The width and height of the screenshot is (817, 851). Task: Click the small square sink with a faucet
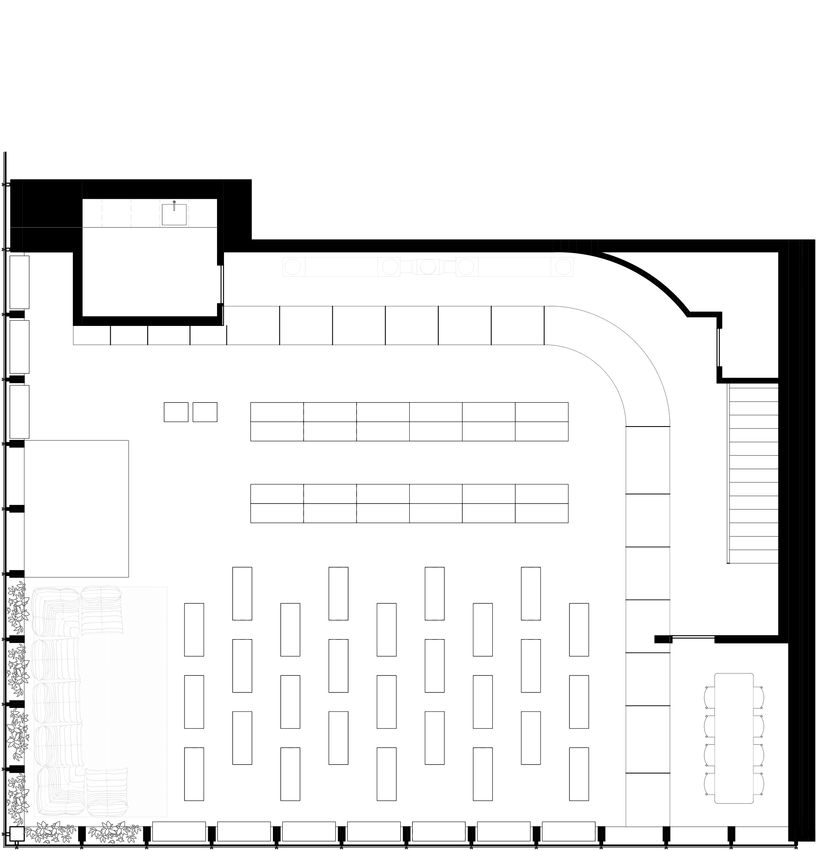pyautogui.click(x=174, y=215)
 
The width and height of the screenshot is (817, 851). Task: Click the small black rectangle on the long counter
pyautogui.click(x=661, y=639)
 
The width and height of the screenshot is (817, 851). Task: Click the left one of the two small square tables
pyautogui.click(x=176, y=412)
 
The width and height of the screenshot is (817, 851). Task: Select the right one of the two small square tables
pyautogui.click(x=205, y=412)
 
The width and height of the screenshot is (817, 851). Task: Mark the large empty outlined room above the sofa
pyautogui.click(x=77, y=509)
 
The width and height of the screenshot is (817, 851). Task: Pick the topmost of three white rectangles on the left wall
pyautogui.click(x=20, y=282)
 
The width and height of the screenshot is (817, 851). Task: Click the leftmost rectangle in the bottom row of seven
pyautogui.click(x=179, y=831)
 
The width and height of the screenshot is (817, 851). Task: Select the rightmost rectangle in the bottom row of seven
pyautogui.click(x=569, y=831)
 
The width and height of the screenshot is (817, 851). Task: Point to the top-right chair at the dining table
pyautogui.click(x=758, y=697)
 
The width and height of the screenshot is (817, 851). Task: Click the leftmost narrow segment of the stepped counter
pyautogui.click(x=92, y=335)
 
